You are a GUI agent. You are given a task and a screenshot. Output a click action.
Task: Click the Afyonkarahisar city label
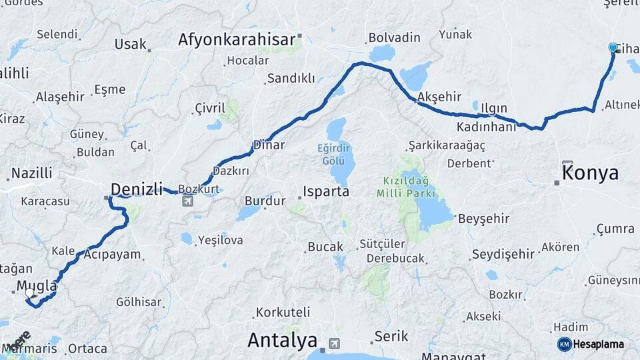click(x=236, y=40)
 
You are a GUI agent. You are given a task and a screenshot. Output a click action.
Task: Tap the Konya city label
click(x=591, y=173)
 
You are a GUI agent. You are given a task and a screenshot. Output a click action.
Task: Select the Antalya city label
click(x=282, y=341)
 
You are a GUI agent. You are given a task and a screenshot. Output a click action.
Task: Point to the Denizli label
click(x=137, y=189)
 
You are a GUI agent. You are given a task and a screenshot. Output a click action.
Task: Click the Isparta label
click(x=326, y=192)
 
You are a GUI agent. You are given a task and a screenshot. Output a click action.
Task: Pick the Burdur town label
click(x=265, y=200)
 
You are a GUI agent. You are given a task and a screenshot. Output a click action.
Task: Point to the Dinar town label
click(x=269, y=145)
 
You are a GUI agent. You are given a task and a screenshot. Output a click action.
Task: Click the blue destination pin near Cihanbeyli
click(x=613, y=47)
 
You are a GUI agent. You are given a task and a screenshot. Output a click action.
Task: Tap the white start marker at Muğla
click(x=29, y=292)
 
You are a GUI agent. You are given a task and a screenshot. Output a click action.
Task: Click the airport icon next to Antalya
click(x=333, y=343)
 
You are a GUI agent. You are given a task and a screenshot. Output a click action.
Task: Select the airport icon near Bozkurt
click(x=189, y=200)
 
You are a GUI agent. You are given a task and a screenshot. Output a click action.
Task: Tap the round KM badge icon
click(x=564, y=344)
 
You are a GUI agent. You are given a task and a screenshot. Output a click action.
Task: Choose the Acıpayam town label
click(x=113, y=254)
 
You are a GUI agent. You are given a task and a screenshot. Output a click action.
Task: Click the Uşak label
click(x=130, y=44)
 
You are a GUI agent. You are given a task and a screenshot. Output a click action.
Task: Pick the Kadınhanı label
click(x=487, y=127)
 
